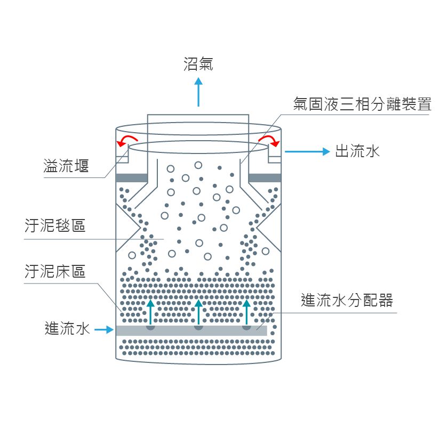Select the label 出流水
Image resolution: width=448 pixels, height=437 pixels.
click(357, 151)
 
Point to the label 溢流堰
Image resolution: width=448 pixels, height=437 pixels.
click(66, 167)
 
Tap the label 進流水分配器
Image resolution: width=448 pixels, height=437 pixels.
click(347, 301)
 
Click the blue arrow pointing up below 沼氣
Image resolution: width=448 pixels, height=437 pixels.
click(198, 92)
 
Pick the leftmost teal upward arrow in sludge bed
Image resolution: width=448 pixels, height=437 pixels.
click(150, 312)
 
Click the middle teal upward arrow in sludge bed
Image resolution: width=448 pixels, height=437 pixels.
click(198, 312)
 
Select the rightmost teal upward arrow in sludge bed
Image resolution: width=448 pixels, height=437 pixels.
click(246, 312)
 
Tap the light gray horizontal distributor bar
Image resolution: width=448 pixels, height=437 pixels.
click(192, 331)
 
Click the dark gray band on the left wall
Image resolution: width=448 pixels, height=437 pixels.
click(132, 178)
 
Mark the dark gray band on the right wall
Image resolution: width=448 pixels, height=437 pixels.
click(265, 178)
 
